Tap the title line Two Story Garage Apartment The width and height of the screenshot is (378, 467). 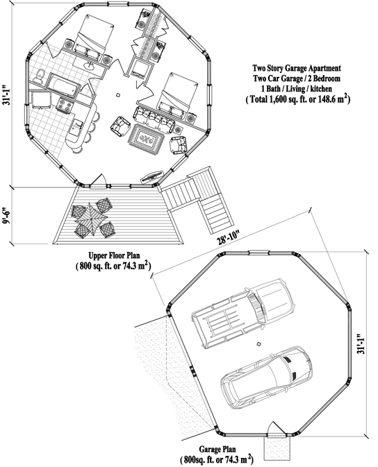coord(297,68)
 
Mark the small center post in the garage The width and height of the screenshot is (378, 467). coord(258,345)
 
